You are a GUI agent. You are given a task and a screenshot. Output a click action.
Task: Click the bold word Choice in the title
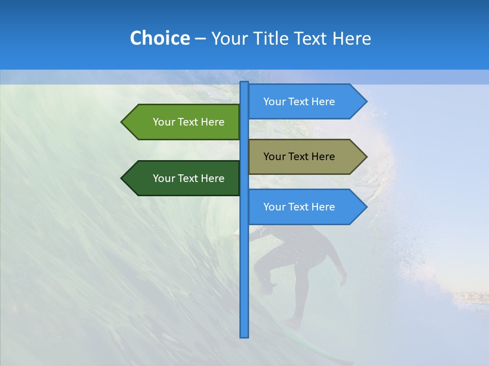point(159,39)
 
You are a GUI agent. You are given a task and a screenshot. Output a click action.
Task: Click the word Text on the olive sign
point(299,157)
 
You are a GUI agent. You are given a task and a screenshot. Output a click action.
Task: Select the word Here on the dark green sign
point(212,178)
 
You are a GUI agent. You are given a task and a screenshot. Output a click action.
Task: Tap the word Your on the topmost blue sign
point(274,102)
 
